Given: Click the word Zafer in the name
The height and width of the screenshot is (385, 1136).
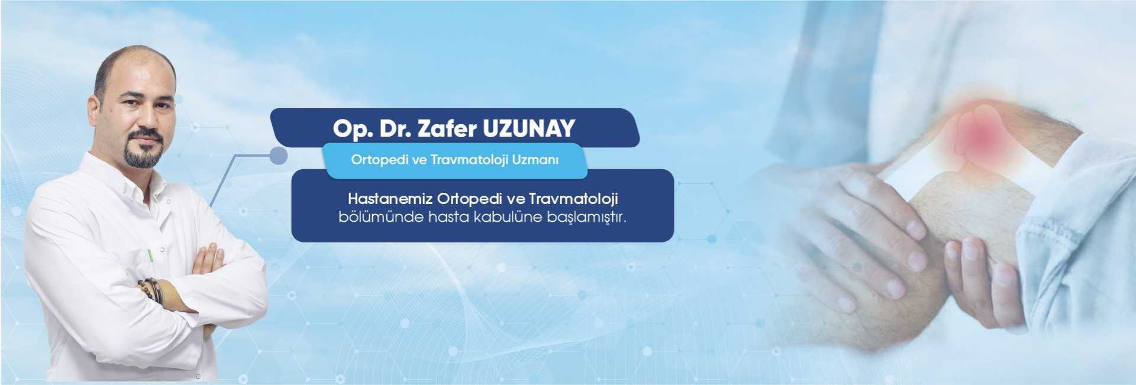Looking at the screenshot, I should pyautogui.click(x=447, y=128).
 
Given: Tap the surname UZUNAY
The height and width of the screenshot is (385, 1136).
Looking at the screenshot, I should pyautogui.click(x=529, y=128).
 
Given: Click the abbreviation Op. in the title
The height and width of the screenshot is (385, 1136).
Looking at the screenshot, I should pyautogui.click(x=353, y=129).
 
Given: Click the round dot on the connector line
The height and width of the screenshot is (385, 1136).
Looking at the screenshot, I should pyautogui.click(x=278, y=156).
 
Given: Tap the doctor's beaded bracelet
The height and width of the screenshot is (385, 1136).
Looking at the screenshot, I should pyautogui.click(x=151, y=290).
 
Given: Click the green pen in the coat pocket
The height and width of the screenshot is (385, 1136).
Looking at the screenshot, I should pyautogui.click(x=150, y=255).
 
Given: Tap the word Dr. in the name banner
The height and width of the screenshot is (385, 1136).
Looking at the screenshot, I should pyautogui.click(x=395, y=128).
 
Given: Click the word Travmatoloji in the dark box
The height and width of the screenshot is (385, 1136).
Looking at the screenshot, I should pyautogui.click(x=573, y=199).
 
